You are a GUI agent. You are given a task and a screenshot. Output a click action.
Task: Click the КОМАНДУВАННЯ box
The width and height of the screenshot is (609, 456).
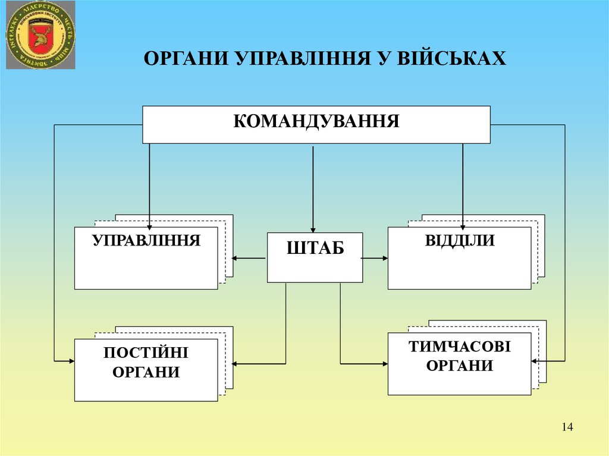316,124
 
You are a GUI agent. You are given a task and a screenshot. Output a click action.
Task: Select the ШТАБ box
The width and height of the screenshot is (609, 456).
315,257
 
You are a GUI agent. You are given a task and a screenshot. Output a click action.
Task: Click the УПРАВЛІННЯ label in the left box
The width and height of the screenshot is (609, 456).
146,241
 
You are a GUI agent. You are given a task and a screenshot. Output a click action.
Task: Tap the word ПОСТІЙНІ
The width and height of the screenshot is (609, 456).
146,353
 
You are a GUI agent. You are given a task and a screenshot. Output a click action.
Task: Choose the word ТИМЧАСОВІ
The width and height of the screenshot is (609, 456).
459,347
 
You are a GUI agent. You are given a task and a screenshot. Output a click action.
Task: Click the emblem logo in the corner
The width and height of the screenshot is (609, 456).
40,35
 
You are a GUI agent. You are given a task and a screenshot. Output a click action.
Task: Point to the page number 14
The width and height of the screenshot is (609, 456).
566,427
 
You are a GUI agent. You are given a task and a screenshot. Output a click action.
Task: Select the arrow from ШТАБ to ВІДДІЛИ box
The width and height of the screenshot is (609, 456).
375,258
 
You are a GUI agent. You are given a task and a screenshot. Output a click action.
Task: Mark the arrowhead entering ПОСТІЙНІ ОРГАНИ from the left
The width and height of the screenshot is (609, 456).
71,361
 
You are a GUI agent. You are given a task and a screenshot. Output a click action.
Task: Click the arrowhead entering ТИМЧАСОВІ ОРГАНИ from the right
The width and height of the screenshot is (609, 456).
535,361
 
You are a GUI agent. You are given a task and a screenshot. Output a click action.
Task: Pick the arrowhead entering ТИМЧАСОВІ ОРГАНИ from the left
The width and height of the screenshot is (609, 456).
384,363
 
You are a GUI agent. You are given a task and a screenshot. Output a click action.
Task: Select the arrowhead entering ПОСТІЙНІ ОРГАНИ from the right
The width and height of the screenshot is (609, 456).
237,363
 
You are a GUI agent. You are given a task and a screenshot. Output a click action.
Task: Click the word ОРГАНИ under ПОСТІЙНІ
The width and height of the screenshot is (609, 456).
146,373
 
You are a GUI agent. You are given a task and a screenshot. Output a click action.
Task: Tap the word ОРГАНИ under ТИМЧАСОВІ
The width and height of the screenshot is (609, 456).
459,366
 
